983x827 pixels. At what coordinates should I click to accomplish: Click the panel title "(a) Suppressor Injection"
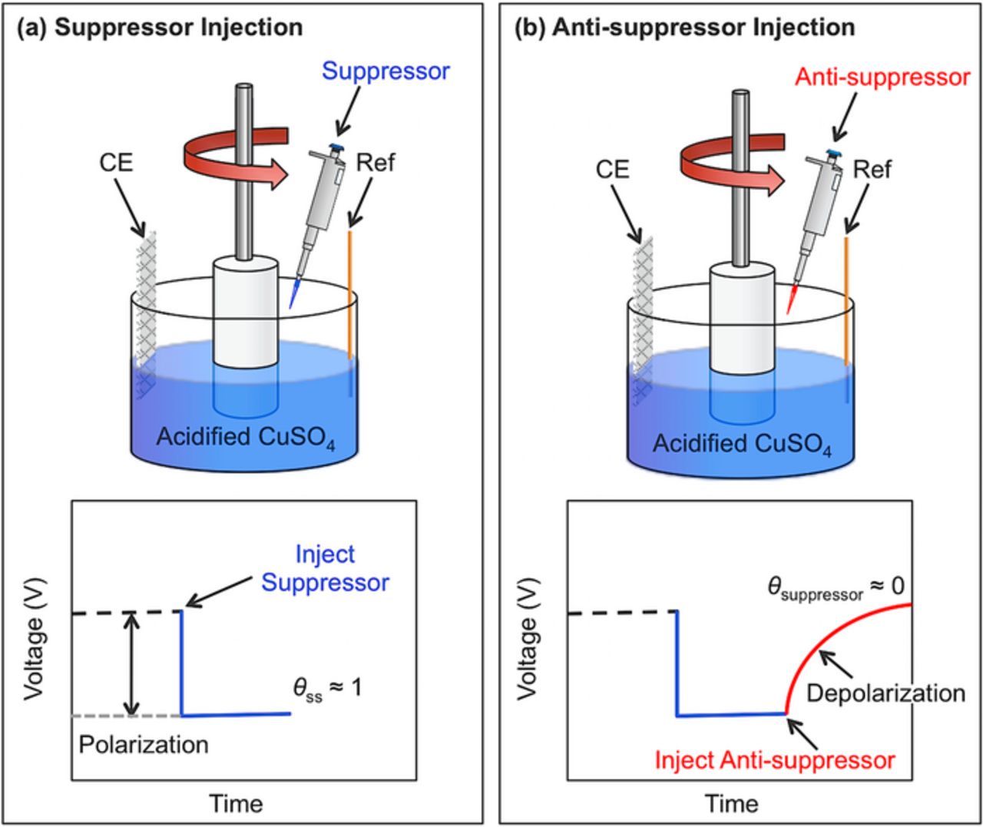(160, 28)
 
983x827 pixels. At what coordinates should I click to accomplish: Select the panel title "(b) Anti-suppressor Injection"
(684, 28)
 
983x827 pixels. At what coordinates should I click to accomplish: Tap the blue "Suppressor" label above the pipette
(386, 71)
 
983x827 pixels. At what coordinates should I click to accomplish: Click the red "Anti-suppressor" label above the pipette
(882, 78)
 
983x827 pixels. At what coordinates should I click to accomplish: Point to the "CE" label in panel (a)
(115, 163)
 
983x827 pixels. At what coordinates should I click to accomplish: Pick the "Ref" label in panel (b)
(872, 169)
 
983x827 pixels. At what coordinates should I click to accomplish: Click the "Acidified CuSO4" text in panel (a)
(245, 437)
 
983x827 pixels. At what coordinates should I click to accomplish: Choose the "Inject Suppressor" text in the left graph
(325, 568)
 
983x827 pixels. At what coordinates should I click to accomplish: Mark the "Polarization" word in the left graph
(144, 744)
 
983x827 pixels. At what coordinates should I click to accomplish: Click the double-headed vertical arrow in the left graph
(134, 664)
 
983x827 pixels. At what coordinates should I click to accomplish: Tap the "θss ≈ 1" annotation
(327, 687)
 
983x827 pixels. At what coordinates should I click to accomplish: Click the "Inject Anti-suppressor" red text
(774, 760)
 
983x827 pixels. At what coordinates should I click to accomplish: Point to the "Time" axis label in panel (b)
(732, 803)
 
